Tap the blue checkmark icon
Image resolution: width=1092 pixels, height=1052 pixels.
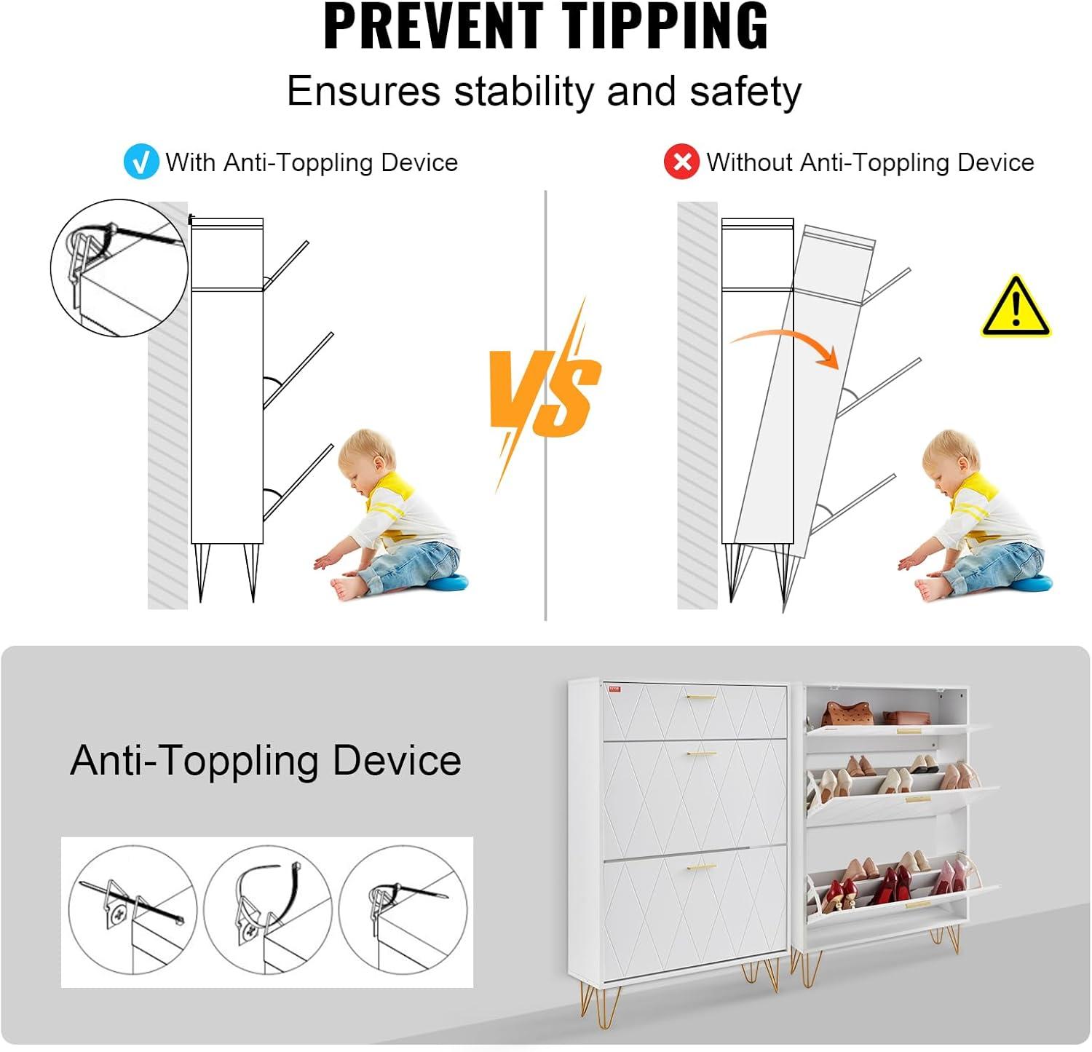click(x=141, y=162)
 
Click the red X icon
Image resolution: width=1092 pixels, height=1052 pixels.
click(x=681, y=162)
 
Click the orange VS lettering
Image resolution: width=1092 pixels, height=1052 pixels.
click(x=545, y=393)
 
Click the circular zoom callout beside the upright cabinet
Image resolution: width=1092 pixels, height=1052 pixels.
click(x=118, y=267)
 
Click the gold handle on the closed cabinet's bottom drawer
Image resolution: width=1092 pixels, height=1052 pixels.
click(x=701, y=868)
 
